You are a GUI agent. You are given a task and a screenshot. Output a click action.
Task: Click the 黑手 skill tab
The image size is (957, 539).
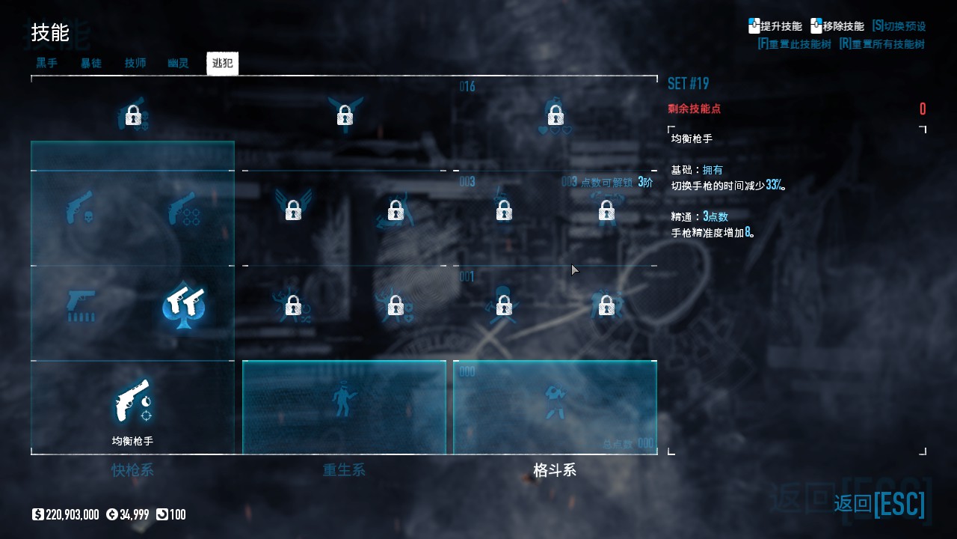pyautogui.click(x=47, y=63)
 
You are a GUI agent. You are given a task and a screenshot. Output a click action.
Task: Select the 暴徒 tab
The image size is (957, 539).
pyautogui.click(x=91, y=63)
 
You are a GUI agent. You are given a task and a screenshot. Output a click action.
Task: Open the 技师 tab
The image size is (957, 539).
pyautogui.click(x=135, y=63)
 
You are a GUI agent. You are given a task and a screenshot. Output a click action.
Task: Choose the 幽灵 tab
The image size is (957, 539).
pyautogui.click(x=178, y=63)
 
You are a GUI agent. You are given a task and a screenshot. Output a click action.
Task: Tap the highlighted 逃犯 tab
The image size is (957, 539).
pyautogui.click(x=222, y=63)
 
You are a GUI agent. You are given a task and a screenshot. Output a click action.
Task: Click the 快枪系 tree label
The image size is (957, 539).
pyautogui.click(x=132, y=470)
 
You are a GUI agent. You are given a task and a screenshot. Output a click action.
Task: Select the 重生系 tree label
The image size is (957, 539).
pyautogui.click(x=344, y=470)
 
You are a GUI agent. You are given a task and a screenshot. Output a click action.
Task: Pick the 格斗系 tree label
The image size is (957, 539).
pyautogui.click(x=555, y=470)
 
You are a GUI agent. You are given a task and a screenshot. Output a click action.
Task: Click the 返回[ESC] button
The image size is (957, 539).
pyautogui.click(x=879, y=504)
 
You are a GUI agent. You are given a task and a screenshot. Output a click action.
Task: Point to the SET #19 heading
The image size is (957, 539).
pyautogui.click(x=688, y=83)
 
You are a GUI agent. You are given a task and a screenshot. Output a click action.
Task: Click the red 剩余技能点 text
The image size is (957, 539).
pyautogui.click(x=695, y=109)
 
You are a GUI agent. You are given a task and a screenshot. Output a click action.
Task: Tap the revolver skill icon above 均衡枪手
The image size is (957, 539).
pyautogui.click(x=132, y=401)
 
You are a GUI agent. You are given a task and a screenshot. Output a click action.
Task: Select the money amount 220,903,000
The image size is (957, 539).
pyautogui.click(x=72, y=514)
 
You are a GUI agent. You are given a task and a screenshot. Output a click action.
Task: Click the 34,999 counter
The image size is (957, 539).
pyautogui.click(x=132, y=514)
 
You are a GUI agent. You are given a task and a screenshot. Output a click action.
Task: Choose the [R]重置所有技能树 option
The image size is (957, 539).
pyautogui.click(x=881, y=44)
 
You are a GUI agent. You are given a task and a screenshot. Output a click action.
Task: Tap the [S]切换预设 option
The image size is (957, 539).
pyautogui.click(x=899, y=26)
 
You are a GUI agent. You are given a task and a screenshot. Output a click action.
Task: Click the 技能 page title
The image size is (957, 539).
pyautogui.click(x=50, y=33)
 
